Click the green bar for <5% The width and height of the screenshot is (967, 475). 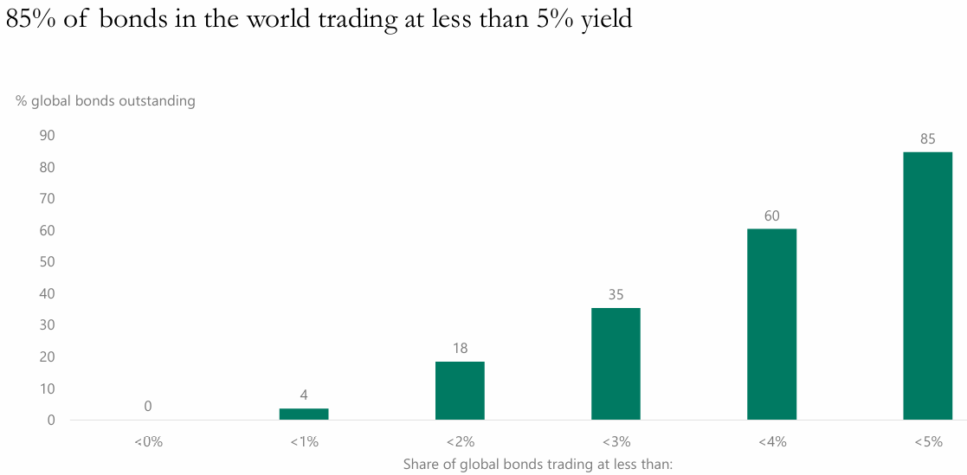pyautogui.click(x=927, y=286)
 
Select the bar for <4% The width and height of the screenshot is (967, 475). pyautogui.click(x=771, y=324)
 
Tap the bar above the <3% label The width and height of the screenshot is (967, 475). pyautogui.click(x=616, y=363)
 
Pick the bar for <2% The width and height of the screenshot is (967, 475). pyautogui.click(x=460, y=390)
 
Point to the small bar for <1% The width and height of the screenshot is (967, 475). pyautogui.click(x=304, y=414)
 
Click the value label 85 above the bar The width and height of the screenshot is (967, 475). pyautogui.click(x=927, y=138)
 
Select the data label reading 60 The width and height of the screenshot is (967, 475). pyautogui.click(x=771, y=215)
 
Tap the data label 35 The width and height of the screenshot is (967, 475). pyautogui.click(x=616, y=294)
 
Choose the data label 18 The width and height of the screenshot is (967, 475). pyautogui.click(x=460, y=348)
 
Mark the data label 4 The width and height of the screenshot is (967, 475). pyautogui.click(x=304, y=395)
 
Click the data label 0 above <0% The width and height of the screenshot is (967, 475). pyautogui.click(x=148, y=406)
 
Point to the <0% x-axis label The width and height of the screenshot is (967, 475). pyautogui.click(x=148, y=441)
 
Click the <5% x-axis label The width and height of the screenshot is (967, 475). pyautogui.click(x=927, y=441)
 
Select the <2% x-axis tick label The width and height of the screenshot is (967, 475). pyautogui.click(x=460, y=441)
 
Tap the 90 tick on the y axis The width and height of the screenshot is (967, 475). pyautogui.click(x=47, y=135)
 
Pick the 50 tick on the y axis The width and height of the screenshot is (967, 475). pyautogui.click(x=47, y=262)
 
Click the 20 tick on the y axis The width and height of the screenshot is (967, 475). pyautogui.click(x=47, y=357)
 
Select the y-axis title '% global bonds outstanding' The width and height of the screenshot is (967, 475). pyautogui.click(x=106, y=100)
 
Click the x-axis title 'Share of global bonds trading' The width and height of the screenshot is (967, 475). pyautogui.click(x=538, y=465)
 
